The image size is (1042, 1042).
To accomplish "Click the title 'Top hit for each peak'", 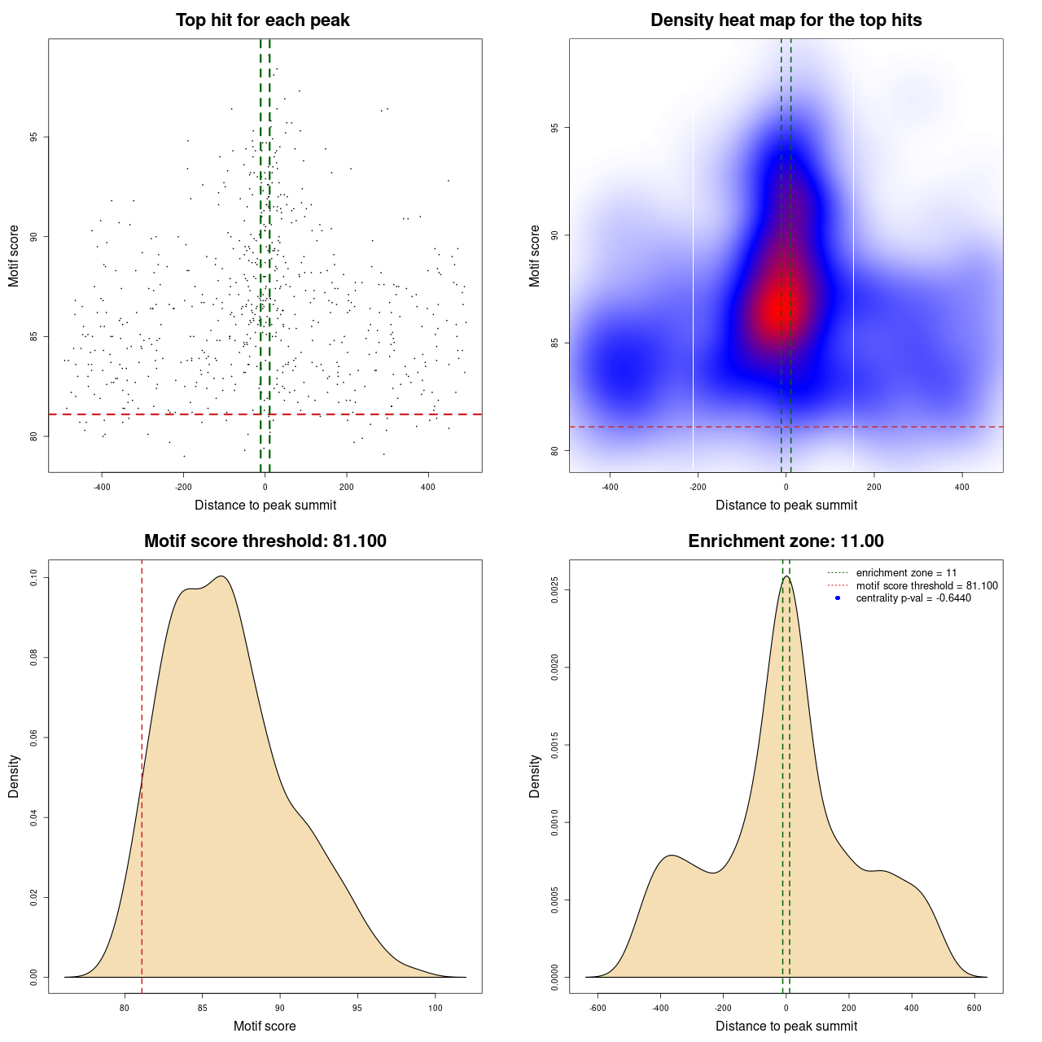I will tap(262, 20).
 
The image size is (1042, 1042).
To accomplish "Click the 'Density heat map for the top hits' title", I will tap(786, 20).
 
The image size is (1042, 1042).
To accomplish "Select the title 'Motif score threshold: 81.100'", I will tap(265, 541).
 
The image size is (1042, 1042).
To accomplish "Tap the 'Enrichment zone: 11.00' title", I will tap(786, 541).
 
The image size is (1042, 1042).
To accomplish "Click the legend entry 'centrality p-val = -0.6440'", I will tap(913, 598).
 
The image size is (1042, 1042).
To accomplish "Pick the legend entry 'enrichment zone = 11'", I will tap(906, 573).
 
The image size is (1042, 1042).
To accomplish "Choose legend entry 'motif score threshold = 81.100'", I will tap(926, 586).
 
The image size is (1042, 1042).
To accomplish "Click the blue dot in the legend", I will tap(838, 598).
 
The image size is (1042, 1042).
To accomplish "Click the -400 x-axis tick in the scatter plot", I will tap(102, 487).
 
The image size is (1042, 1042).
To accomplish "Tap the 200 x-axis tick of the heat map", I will tap(873, 487).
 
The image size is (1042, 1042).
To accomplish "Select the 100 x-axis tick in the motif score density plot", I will tap(435, 1008).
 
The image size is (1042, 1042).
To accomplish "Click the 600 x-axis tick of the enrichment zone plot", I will tap(974, 1008).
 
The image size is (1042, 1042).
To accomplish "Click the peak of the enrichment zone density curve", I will tap(786, 576).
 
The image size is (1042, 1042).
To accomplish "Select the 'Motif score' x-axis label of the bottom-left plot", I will tap(265, 1026).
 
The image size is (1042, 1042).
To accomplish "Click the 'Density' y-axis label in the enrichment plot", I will tap(535, 776).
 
